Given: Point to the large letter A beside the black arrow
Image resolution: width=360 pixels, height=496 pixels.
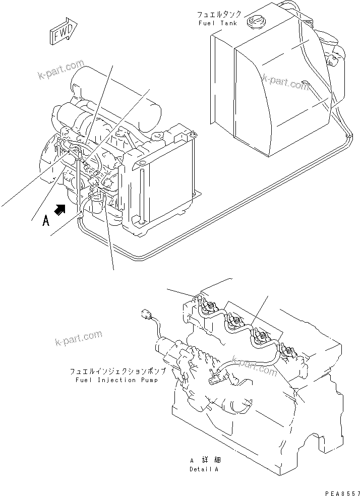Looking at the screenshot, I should (46, 220).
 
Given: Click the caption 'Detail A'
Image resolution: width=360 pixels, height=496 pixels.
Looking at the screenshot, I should (204, 469).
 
